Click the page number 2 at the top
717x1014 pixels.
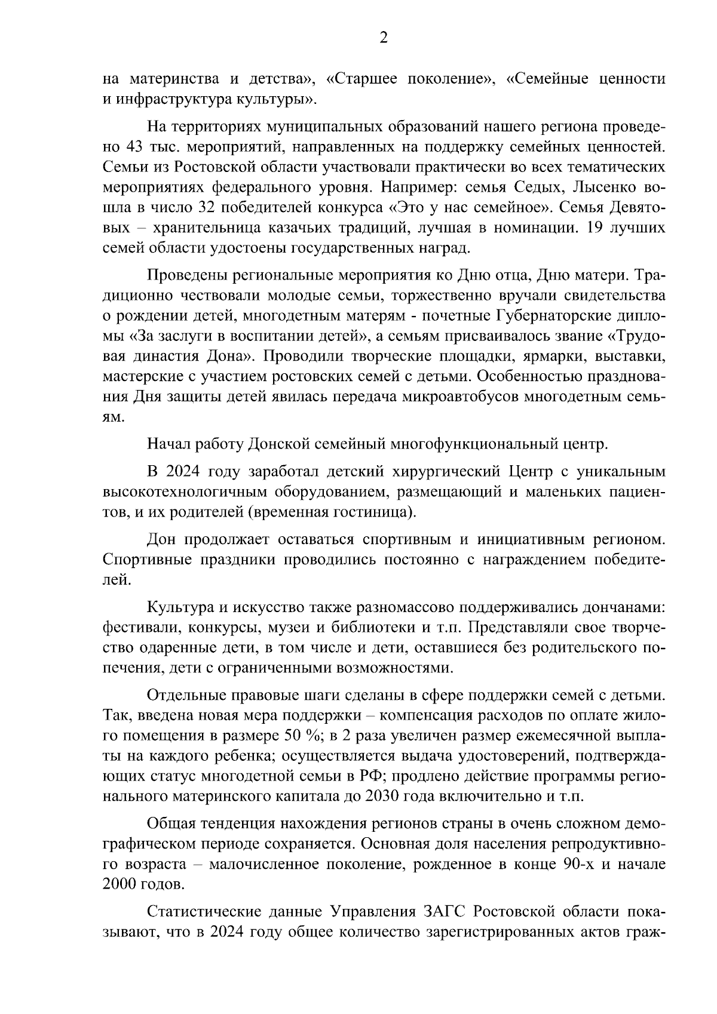point(383,38)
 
